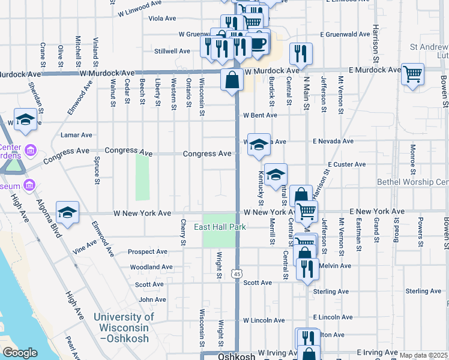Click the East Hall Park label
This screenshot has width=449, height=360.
[x=220, y=227]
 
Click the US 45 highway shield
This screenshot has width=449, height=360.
[x=238, y=274]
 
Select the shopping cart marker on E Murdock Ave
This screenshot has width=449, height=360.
[x=412, y=74]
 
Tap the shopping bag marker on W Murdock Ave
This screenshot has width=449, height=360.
[x=232, y=79]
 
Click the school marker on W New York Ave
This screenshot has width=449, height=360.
[x=68, y=212]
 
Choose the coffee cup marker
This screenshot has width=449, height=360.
[x=258, y=44]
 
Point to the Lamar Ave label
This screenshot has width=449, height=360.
[x=76, y=136]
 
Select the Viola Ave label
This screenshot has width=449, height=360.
[x=161, y=19]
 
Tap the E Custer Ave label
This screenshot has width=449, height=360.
[x=346, y=164]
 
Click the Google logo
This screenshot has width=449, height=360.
[x=20, y=353]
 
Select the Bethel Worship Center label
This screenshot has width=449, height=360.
[x=413, y=182]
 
